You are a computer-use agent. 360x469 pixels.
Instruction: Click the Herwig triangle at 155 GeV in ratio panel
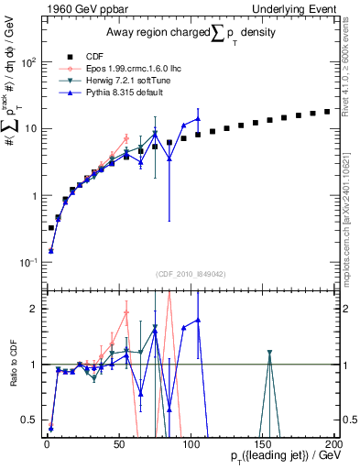point(269,353)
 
